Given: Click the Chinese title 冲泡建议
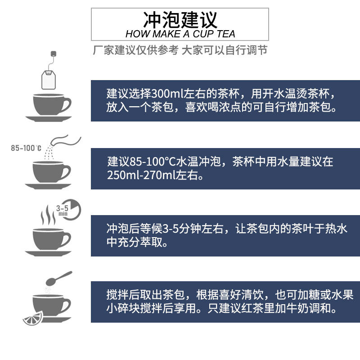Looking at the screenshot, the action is (x=180, y=19).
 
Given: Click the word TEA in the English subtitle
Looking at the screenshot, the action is (x=224, y=34).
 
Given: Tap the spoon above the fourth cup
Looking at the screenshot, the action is (x=60, y=277).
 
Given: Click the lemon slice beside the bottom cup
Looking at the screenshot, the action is (x=33, y=317).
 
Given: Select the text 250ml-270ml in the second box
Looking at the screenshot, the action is (x=137, y=175).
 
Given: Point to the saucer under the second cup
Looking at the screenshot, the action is (x=48, y=185).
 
